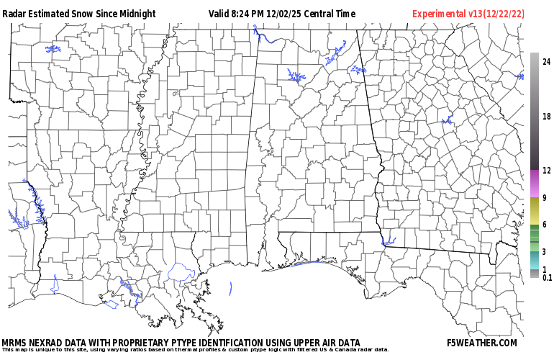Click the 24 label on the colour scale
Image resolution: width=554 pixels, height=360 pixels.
(546, 62)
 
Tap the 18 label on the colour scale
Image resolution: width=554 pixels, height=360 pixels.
(546, 117)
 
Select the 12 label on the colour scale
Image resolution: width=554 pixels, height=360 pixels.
(546, 171)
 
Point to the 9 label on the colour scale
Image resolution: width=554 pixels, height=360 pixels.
(544, 198)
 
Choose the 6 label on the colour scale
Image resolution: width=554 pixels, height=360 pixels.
(544, 225)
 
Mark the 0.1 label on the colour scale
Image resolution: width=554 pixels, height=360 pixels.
(547, 277)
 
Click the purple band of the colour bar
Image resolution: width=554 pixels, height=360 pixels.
(534, 184)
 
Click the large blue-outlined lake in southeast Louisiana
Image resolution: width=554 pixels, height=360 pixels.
(181, 272)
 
